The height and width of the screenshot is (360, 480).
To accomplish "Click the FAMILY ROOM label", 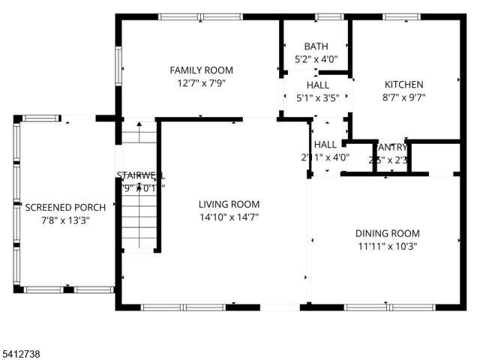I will [x=200, y=70].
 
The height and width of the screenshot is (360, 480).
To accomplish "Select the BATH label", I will [x=316, y=46].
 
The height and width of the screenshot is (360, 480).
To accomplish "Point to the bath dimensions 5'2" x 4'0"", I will [x=316, y=59].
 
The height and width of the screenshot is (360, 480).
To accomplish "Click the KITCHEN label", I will [x=404, y=85].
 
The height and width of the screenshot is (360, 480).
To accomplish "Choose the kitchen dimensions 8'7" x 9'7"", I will [x=404, y=97].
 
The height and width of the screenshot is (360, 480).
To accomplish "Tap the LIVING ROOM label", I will [x=229, y=204].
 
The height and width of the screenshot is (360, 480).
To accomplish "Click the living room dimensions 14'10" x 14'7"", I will [x=229, y=217].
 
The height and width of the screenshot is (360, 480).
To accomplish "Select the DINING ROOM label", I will [x=387, y=233].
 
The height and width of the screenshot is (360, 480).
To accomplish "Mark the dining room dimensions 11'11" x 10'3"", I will [x=387, y=246].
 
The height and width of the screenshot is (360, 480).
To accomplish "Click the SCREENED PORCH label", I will [x=66, y=207].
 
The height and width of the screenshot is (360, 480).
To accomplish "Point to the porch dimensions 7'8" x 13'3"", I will [x=66, y=220].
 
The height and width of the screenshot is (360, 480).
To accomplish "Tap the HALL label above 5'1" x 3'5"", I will [x=318, y=85].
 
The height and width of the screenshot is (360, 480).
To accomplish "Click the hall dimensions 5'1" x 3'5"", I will [x=318, y=97].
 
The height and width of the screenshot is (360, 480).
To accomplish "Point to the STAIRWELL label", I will [x=139, y=176].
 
